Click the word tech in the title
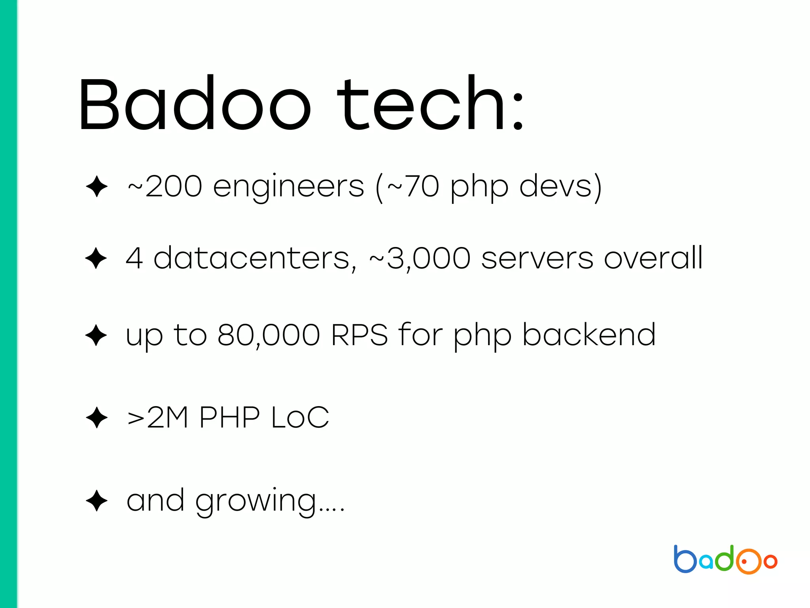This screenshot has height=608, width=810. click(421, 104)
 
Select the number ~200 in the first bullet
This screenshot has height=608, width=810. click(165, 186)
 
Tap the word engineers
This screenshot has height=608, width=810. click(288, 187)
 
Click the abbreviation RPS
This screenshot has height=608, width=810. click(360, 335)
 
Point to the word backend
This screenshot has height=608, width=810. click(589, 335)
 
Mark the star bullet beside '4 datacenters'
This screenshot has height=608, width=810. click(96, 258)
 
